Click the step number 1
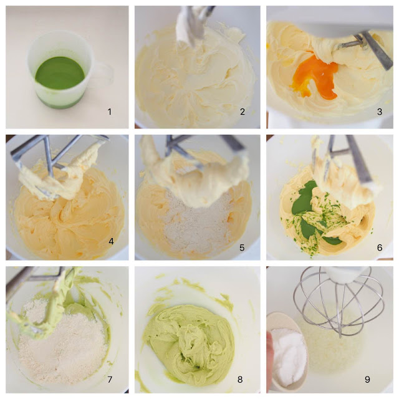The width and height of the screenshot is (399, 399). (x=110, y=112)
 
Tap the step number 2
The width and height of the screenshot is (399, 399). (x=243, y=112)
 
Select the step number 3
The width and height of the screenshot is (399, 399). (x=380, y=112)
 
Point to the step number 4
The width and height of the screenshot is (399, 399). (x=111, y=241)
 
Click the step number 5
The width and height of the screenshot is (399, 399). (x=242, y=248)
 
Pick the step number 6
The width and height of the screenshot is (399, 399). (x=380, y=248)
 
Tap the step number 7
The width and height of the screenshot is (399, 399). (x=110, y=380)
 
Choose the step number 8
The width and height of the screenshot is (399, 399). (x=240, y=380)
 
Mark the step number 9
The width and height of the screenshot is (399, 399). (x=367, y=380)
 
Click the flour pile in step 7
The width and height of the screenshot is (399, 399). (x=62, y=346)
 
